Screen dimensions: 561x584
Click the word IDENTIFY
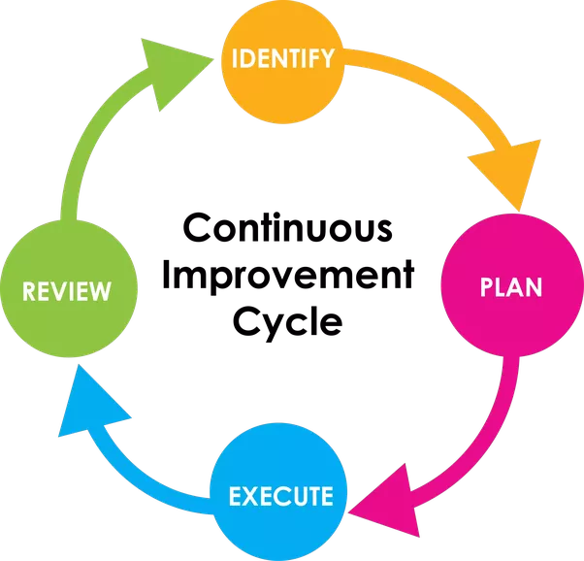pyautogui.click(x=282, y=57)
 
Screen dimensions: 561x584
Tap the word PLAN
pyautogui.click(x=511, y=287)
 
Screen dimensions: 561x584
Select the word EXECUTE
pyautogui.click(x=280, y=497)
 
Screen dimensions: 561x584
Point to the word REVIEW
pyautogui.click(x=66, y=291)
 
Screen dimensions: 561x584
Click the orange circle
pyautogui.click(x=282, y=82)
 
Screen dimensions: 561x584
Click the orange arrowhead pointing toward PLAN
pyautogui.click(x=509, y=170)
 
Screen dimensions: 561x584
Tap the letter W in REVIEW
pyautogui.click(x=100, y=291)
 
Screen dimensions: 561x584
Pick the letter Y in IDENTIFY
pyautogui.click(x=327, y=57)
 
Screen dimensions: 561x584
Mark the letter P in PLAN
pyautogui.click(x=488, y=287)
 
